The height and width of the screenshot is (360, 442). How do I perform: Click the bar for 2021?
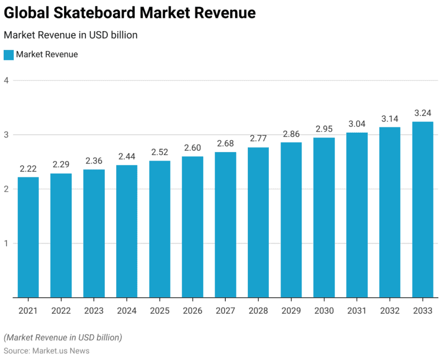[x=28, y=237]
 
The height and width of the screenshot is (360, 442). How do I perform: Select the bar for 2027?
[x=225, y=225]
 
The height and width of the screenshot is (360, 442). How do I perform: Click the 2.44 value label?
[x=126, y=156]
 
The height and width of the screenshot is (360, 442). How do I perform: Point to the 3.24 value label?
[x=423, y=113]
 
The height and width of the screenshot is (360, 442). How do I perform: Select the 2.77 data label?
[x=258, y=138]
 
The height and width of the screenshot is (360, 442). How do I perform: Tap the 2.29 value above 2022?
[x=61, y=164]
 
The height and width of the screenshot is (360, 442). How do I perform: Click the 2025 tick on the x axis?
[x=159, y=311]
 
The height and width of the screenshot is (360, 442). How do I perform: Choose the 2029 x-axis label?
[x=291, y=311]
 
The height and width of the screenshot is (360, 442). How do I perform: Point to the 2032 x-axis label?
[x=390, y=311]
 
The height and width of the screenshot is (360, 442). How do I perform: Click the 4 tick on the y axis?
[x=6, y=81]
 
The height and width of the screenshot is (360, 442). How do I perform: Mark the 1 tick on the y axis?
[x=6, y=243]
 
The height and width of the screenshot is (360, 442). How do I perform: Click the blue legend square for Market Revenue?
[x=8, y=55]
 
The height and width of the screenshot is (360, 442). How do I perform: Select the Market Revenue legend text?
[x=47, y=55]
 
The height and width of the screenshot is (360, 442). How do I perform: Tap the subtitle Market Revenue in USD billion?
[x=71, y=35]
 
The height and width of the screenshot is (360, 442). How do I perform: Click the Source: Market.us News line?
[x=46, y=351]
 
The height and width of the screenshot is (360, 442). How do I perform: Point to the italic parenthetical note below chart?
[x=63, y=337]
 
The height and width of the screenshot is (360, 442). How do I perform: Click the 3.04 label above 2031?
[x=357, y=124]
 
